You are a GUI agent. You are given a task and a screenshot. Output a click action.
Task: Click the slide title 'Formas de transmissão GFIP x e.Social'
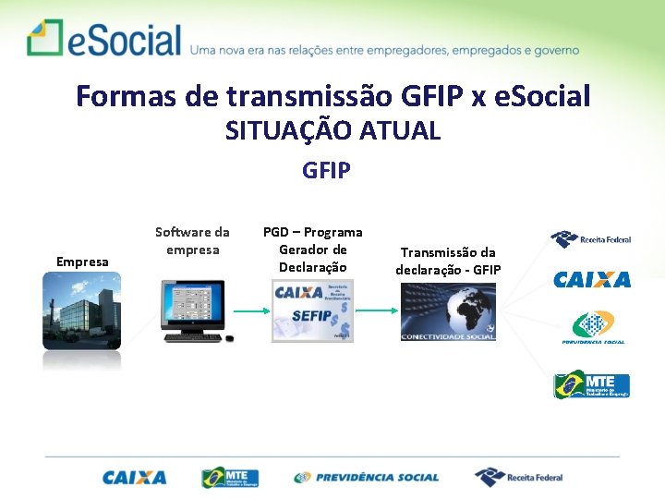(332, 95)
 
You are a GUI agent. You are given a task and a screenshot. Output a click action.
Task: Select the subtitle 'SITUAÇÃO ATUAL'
(332, 131)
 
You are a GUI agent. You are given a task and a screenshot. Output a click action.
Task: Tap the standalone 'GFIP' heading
(326, 171)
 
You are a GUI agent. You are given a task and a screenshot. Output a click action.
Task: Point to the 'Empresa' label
(82, 262)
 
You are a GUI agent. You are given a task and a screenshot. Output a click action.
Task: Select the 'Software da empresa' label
(192, 241)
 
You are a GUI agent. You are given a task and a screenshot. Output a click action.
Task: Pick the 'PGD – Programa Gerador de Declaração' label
(312, 249)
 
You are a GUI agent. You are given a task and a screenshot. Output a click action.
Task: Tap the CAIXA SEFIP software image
(312, 311)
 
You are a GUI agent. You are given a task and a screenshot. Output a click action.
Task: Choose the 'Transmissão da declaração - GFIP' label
(448, 261)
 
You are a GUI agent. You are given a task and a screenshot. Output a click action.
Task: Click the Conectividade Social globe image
(448, 311)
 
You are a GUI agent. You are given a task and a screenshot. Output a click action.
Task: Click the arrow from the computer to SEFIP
(250, 311)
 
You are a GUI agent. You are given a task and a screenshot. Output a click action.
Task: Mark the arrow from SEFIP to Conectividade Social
(376, 311)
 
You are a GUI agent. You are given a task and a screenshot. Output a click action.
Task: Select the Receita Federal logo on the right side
(591, 239)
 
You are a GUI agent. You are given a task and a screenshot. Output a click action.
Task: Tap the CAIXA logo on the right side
(592, 279)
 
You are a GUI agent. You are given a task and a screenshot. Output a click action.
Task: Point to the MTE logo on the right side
(591, 383)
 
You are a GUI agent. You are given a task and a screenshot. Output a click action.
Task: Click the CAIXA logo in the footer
(135, 478)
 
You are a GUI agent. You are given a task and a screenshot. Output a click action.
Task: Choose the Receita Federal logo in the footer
(518, 477)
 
